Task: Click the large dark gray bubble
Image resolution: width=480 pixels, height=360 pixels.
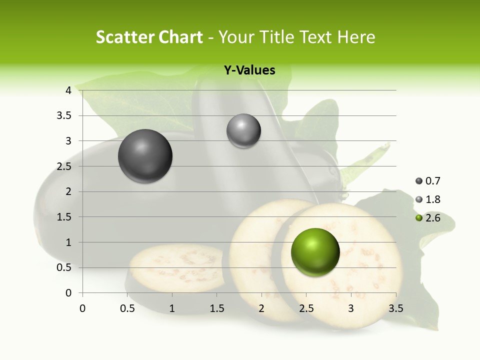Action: tap(145, 156)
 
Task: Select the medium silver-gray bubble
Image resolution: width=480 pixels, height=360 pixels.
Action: tap(243, 131)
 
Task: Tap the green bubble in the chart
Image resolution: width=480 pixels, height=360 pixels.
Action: tap(315, 252)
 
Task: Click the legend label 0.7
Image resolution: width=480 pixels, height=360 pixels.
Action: tap(433, 181)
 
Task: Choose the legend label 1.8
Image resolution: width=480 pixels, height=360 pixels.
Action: tap(433, 199)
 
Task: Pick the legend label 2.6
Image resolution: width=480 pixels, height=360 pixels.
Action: tap(433, 218)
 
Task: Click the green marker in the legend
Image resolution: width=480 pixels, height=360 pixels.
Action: tap(419, 218)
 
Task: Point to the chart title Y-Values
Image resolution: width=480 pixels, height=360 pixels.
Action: tap(249, 70)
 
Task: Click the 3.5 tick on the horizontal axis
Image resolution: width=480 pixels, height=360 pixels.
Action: tap(395, 308)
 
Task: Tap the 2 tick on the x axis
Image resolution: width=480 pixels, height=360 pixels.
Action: tap(261, 308)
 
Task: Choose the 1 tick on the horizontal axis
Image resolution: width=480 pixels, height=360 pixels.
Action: tap(172, 308)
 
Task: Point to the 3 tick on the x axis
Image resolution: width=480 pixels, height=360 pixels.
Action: tap(351, 308)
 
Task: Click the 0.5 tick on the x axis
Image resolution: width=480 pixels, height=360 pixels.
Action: tap(127, 308)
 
